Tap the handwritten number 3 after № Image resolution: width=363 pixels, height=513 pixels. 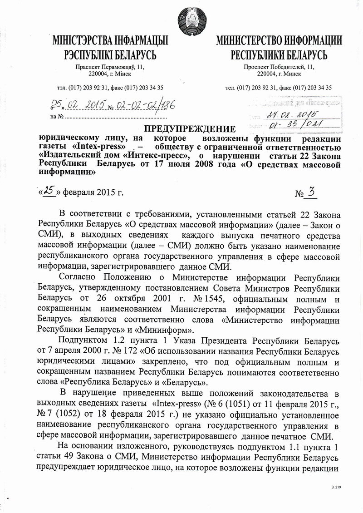(x=311, y=193)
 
